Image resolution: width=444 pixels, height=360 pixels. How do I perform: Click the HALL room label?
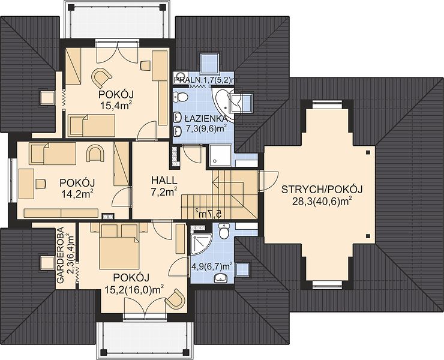click(164, 181)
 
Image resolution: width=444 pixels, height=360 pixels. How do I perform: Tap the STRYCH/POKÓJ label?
click(322, 190)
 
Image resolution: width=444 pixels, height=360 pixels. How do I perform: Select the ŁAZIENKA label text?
click(205, 118)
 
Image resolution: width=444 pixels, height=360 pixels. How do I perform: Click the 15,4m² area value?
click(116, 106)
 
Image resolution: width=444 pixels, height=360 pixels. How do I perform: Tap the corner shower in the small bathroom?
click(202, 244)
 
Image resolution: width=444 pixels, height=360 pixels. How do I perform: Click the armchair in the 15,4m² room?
click(101, 77)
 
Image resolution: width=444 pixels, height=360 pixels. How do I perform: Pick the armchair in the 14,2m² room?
click(95, 153)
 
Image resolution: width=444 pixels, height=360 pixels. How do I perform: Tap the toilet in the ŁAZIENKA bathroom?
click(181, 97)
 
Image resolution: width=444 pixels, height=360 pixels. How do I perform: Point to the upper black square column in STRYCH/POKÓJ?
click(368, 152)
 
